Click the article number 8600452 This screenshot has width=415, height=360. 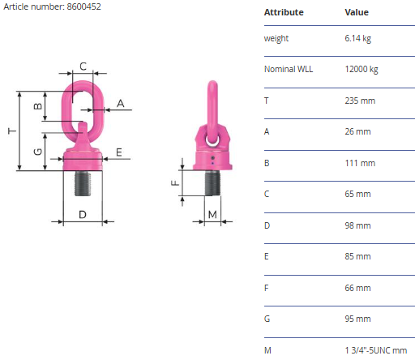tap(83, 6)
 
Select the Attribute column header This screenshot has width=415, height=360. tap(284, 12)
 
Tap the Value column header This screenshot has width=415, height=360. tap(357, 12)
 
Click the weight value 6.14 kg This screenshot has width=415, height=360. tap(357, 38)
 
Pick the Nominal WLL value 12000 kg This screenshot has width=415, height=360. tap(362, 69)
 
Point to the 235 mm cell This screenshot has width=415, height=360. tap(360, 101)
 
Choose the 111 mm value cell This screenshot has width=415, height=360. tap(360, 163)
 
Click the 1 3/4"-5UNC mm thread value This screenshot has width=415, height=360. tap(376, 350)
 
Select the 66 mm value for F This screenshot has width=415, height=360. tap(357, 288)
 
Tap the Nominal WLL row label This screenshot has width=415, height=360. tap(289, 69)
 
